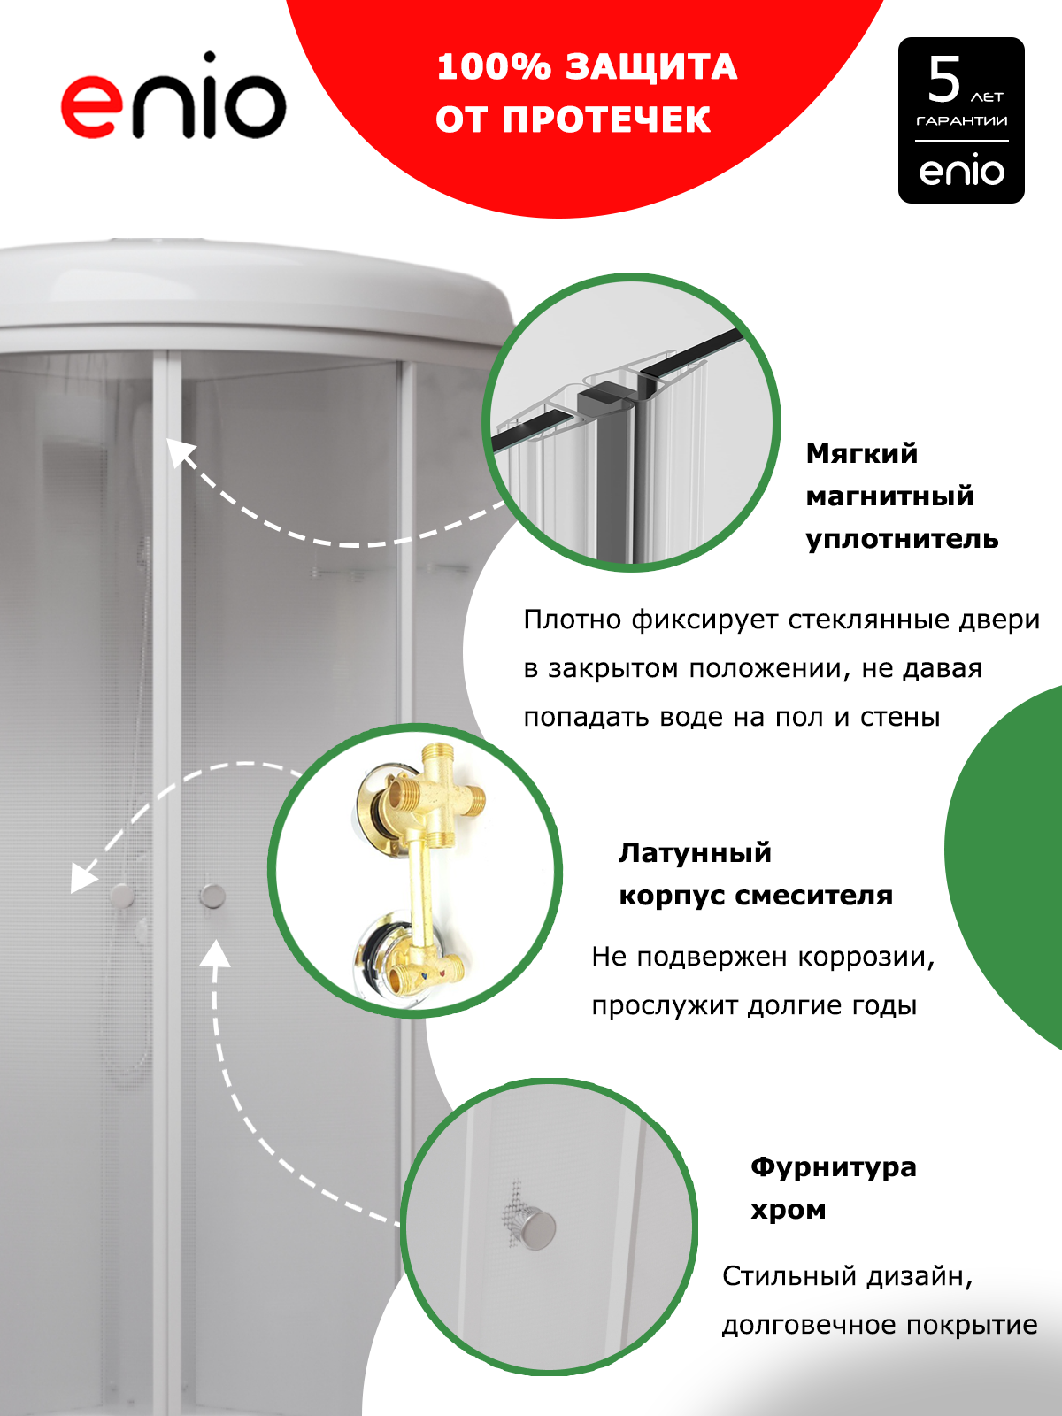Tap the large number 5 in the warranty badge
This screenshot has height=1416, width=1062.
[x=944, y=80]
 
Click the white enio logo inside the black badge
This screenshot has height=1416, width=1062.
[x=961, y=170]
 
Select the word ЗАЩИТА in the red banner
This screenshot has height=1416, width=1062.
[x=651, y=67]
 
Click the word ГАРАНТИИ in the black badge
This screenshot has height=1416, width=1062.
[x=961, y=120]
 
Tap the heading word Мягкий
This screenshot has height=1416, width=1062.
[x=861, y=454]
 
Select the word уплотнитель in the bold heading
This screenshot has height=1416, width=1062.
[x=902, y=539]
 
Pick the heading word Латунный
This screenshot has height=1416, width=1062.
[x=695, y=853]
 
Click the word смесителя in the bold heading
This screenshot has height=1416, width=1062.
[x=813, y=895]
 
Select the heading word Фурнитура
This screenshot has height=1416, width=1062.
[x=833, y=1167]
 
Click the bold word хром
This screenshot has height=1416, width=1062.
[x=788, y=1211]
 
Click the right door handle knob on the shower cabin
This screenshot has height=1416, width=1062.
[x=212, y=896]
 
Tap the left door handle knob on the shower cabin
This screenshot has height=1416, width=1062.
[x=121, y=896]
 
